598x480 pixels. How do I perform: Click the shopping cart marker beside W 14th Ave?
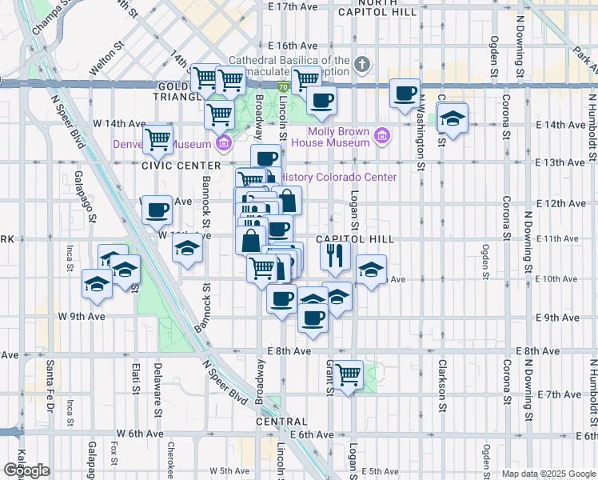pos(158,140)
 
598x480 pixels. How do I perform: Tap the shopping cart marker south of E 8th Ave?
pos(348,374)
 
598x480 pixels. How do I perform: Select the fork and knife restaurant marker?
pos(335,255)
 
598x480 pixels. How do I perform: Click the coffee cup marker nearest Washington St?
pos(405,94)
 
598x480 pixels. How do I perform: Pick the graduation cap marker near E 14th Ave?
pos(452,120)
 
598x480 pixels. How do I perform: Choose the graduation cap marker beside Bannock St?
pos(187,249)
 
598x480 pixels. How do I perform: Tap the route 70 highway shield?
pos(284,85)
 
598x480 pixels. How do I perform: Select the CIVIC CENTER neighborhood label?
pos(169,166)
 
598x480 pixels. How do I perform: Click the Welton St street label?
pos(108,63)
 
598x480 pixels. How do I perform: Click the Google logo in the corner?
pos(26,470)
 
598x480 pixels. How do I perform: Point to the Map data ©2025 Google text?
pos(548,474)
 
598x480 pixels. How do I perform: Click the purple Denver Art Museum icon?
pos(224,144)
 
